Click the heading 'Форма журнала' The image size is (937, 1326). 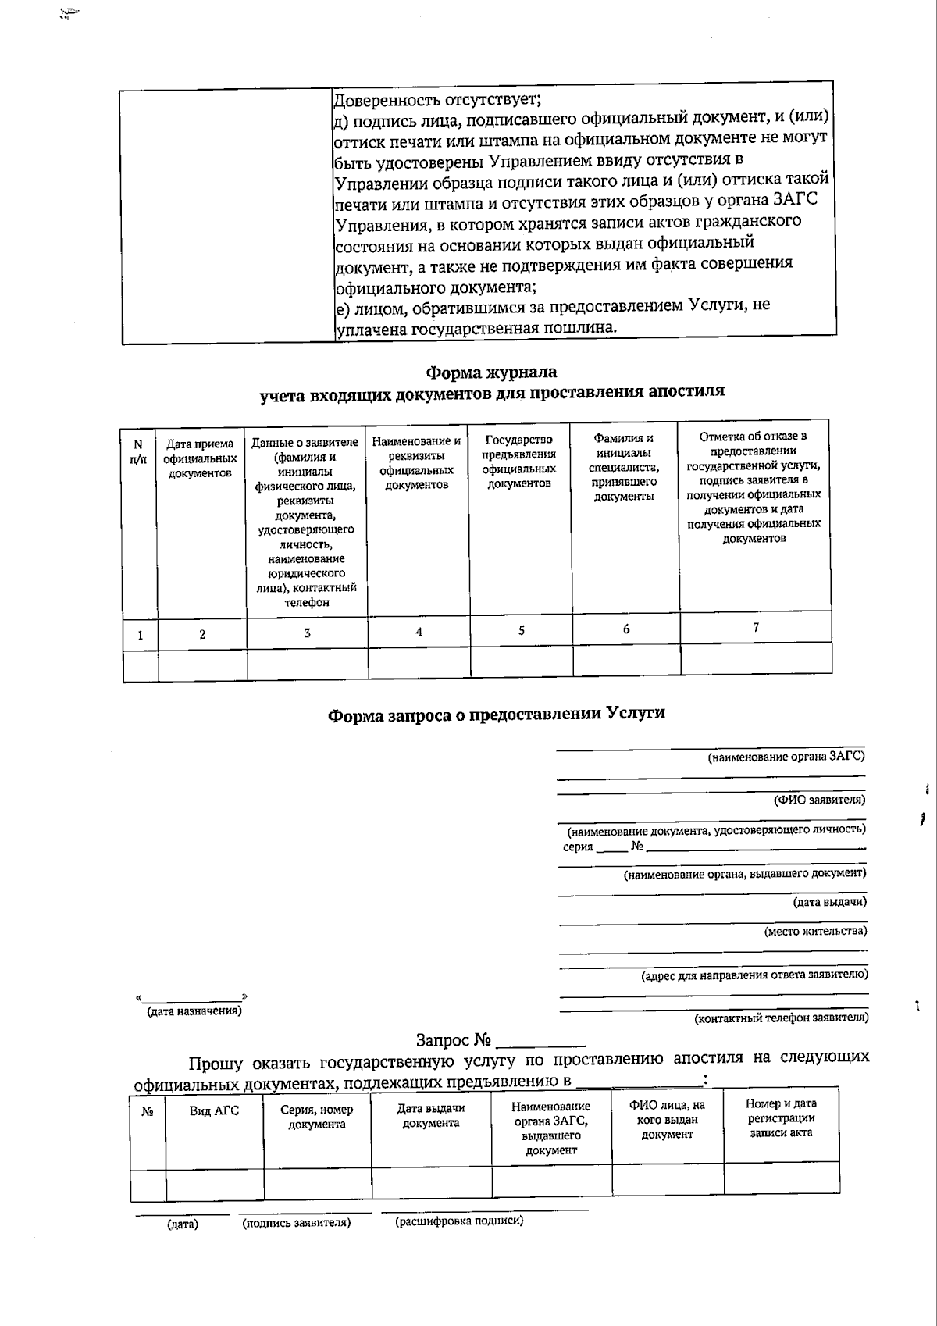491,372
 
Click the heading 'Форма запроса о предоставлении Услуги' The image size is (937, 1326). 496,714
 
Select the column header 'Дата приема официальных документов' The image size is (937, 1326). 200,458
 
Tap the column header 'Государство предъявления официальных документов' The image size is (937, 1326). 519,462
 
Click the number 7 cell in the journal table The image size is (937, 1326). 755,627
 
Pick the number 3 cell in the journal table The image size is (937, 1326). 307,633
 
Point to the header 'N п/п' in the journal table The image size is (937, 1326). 138,452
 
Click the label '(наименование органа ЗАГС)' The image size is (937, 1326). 786,757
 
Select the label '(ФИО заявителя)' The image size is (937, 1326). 818,800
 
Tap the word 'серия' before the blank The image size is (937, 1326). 578,847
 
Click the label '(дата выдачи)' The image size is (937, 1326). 829,902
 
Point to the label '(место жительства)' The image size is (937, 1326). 814,931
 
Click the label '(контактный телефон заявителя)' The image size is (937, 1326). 781,1018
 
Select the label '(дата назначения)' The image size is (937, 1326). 194,1011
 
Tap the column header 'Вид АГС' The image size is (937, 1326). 214,1110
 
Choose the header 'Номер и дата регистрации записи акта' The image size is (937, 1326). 781,1117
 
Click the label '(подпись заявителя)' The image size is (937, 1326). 296,1223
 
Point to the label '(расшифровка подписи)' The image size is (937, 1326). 459,1221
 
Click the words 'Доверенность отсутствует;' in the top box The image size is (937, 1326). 437,100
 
